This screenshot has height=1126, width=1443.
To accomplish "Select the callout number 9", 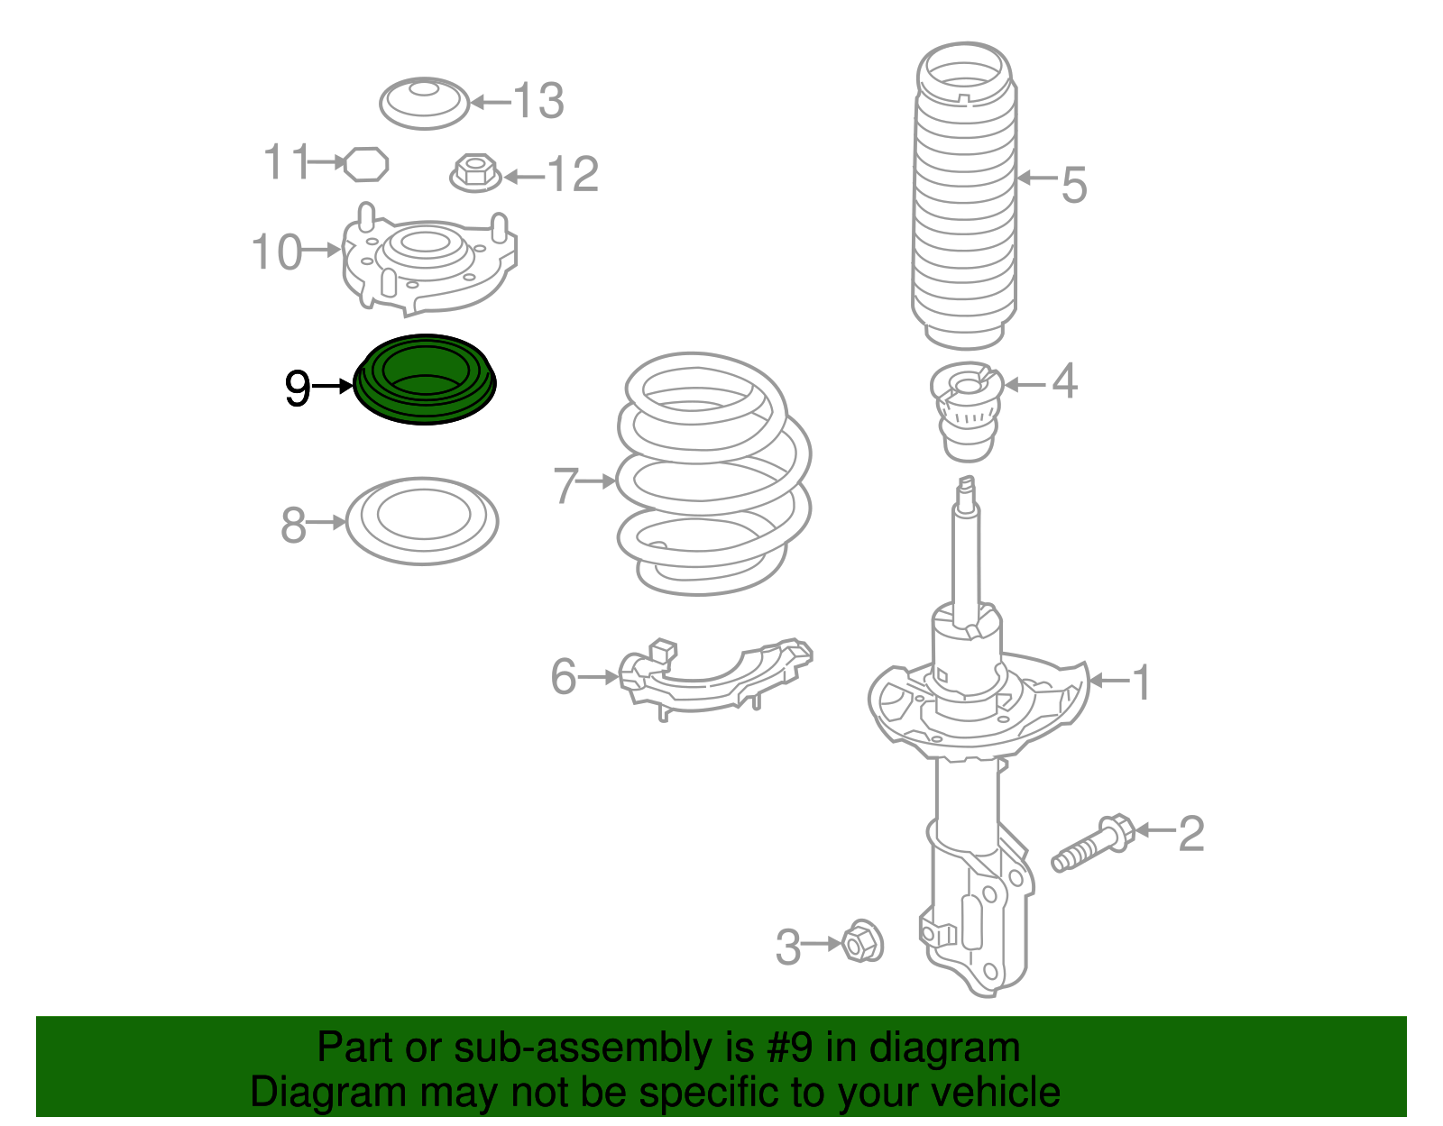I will pyautogui.click(x=297, y=389).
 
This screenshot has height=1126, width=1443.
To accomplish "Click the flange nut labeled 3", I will pyautogui.click(x=862, y=942).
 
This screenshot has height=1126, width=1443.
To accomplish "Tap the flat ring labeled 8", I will pyautogui.click(x=422, y=521).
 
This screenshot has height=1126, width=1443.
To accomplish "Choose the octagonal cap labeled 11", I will pyautogui.click(x=366, y=164).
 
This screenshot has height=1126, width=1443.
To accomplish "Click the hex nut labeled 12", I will pyautogui.click(x=475, y=172).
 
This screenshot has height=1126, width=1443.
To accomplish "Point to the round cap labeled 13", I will pyautogui.click(x=424, y=103).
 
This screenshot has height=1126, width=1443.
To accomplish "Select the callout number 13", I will pyautogui.click(x=539, y=101).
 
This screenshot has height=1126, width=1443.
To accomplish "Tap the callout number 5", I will pyautogui.click(x=1073, y=185).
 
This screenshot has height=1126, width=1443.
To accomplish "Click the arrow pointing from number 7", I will pyautogui.click(x=596, y=481).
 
